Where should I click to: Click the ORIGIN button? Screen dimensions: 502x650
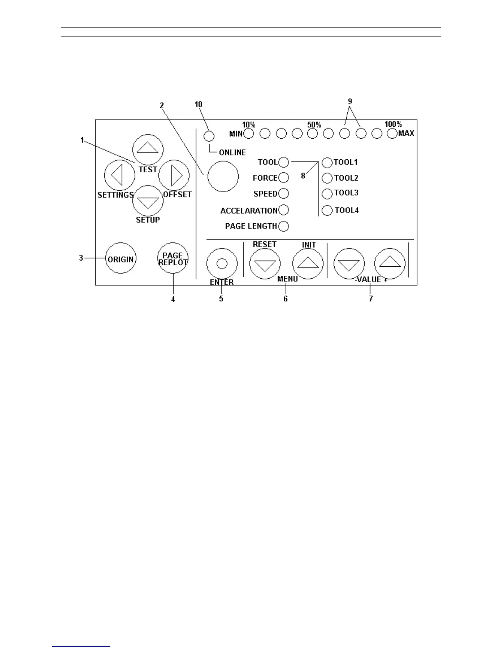121,259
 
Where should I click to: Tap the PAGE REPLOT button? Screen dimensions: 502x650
173,259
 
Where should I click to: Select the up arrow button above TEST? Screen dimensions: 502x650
148,149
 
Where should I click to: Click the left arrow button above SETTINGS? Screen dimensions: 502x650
119,175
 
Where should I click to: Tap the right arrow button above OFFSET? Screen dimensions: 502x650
174,175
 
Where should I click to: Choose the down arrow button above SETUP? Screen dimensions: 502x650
148,201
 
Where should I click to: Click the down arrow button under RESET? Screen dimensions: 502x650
265,264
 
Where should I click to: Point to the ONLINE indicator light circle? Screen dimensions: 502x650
209,136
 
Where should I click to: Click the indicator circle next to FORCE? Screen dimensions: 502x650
283,178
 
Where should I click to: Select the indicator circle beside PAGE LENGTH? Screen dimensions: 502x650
283,226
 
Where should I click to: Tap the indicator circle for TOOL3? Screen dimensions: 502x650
327,194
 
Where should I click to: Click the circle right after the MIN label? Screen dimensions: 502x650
249,133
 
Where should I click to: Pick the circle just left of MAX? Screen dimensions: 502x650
392,133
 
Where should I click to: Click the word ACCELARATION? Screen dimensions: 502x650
249,211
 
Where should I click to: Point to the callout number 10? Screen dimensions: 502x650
199,105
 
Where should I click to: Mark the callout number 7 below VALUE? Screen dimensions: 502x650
371,299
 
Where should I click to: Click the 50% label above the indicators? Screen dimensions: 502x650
314,125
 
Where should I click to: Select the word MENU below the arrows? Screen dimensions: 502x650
288,279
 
